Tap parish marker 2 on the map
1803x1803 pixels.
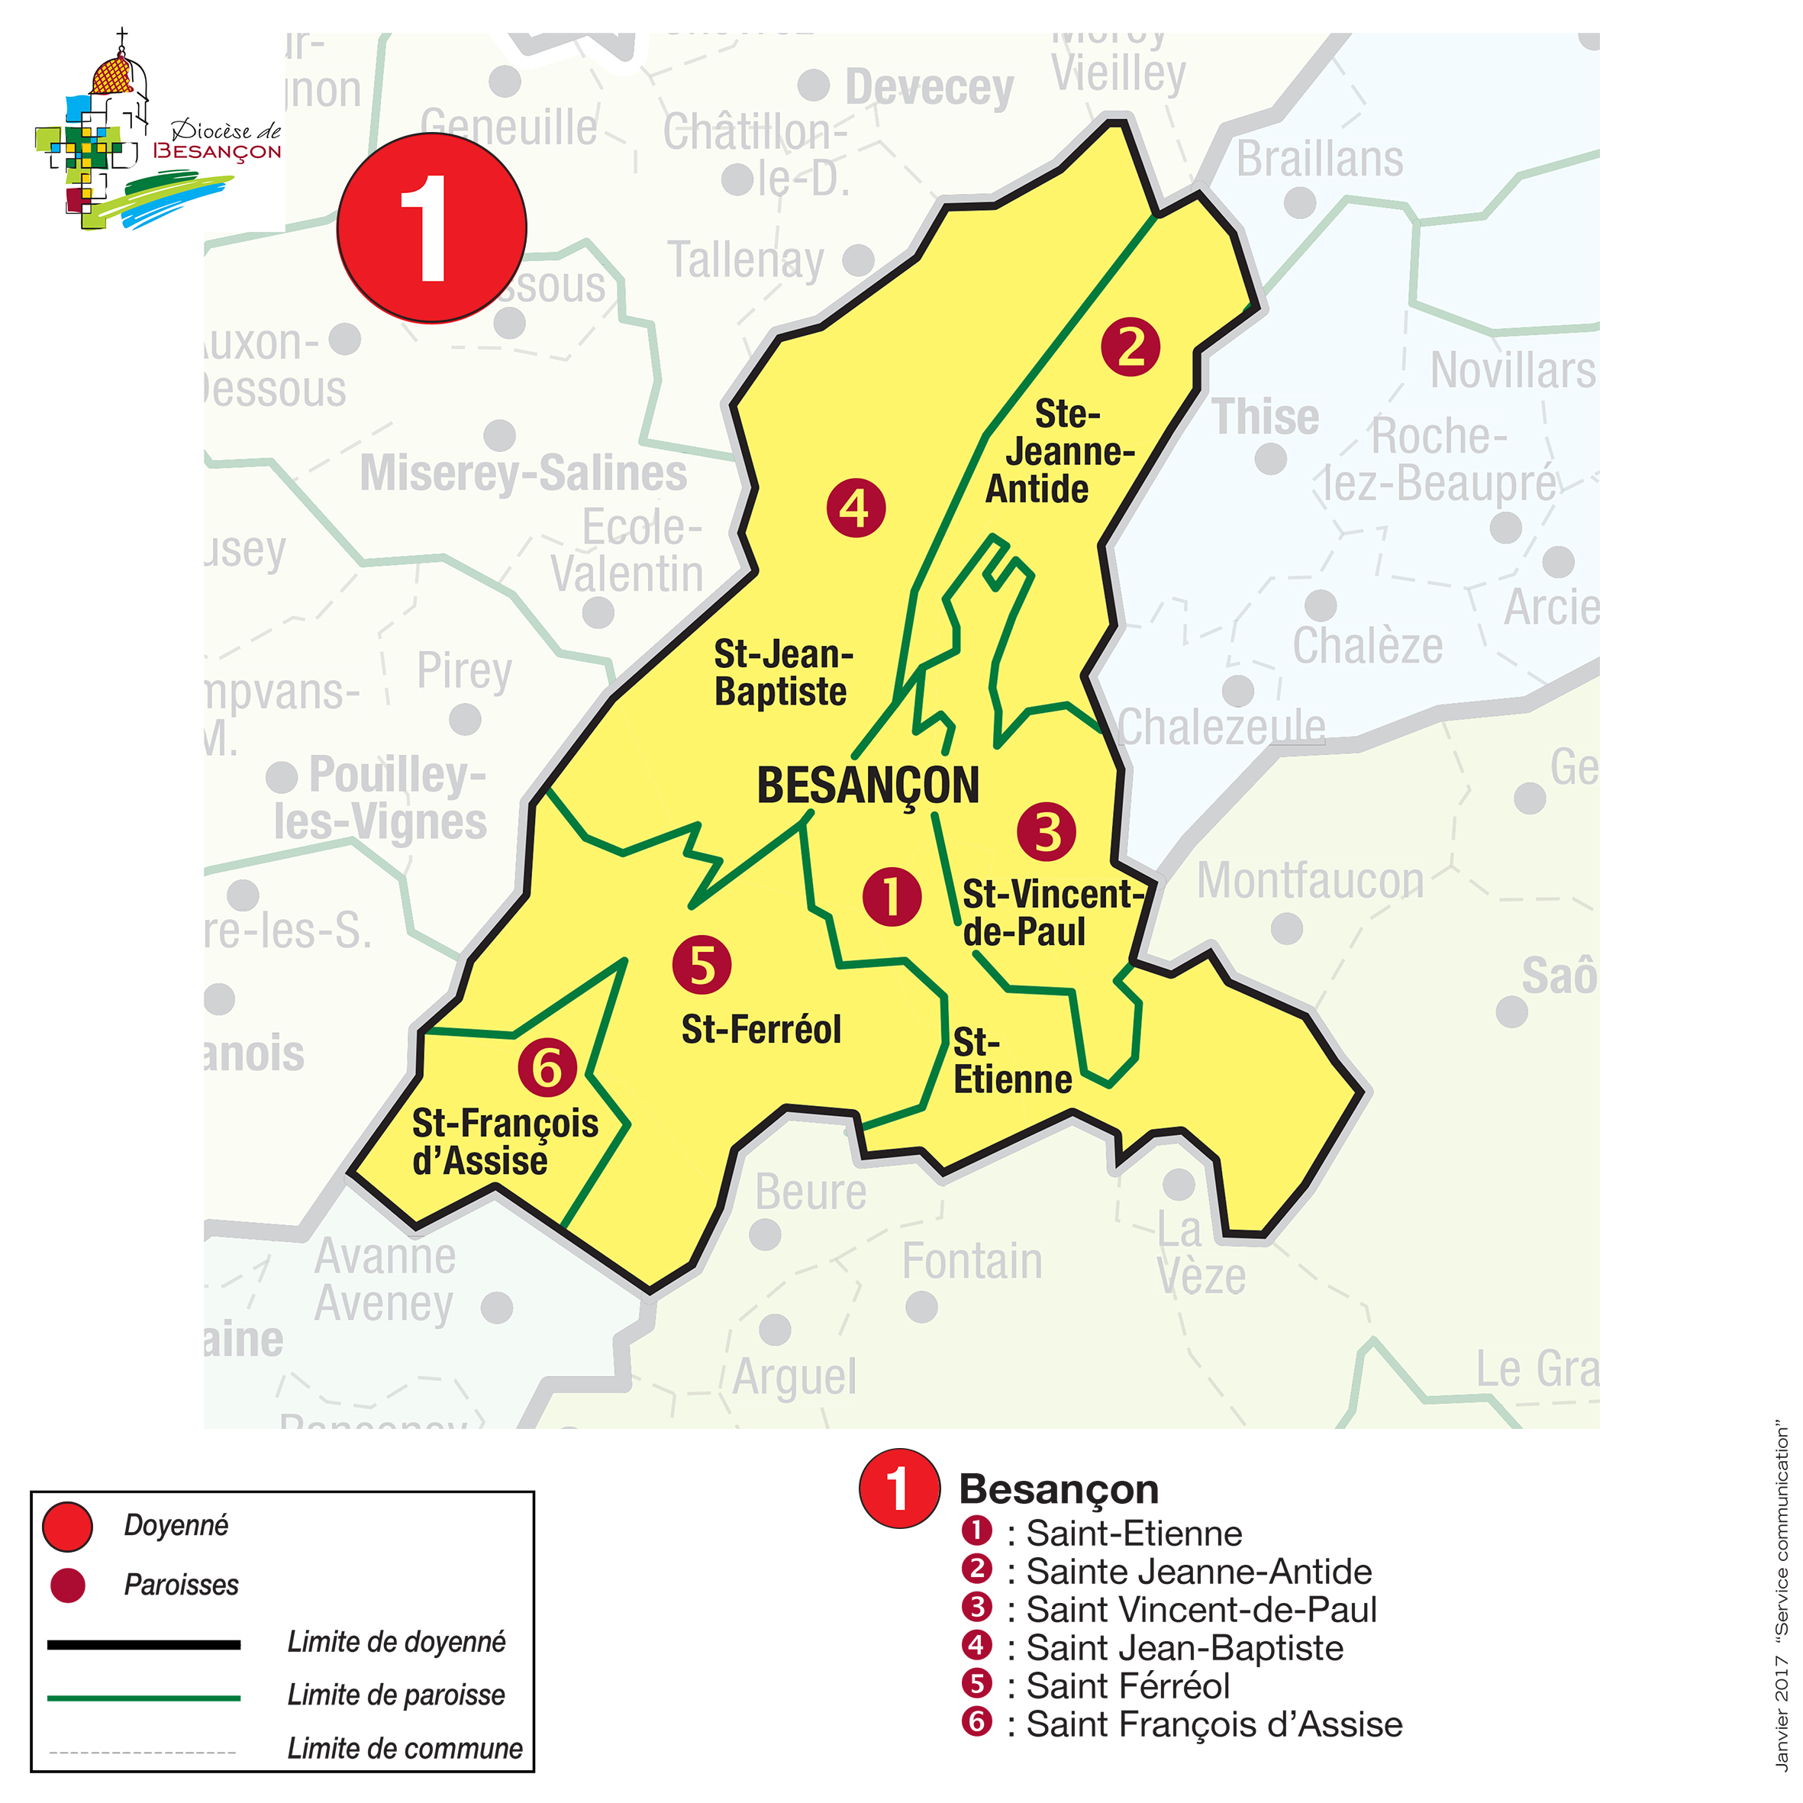click(1131, 347)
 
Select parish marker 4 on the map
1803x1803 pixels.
click(855, 508)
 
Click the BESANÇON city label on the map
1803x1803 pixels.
click(867, 785)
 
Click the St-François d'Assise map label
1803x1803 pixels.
click(505, 1142)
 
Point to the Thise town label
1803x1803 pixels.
click(1265, 417)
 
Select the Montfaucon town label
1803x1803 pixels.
click(1309, 881)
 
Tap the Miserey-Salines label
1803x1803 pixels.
click(523, 473)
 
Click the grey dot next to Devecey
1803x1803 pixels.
click(814, 85)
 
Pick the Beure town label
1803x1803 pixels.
click(810, 1192)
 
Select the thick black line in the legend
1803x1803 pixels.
click(144, 1644)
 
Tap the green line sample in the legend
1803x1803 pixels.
click(144, 1698)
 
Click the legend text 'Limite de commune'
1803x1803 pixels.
click(404, 1748)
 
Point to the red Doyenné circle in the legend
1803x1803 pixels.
click(67, 1527)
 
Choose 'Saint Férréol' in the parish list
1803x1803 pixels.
click(1127, 1685)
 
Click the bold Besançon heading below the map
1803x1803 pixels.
click(1058, 1489)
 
